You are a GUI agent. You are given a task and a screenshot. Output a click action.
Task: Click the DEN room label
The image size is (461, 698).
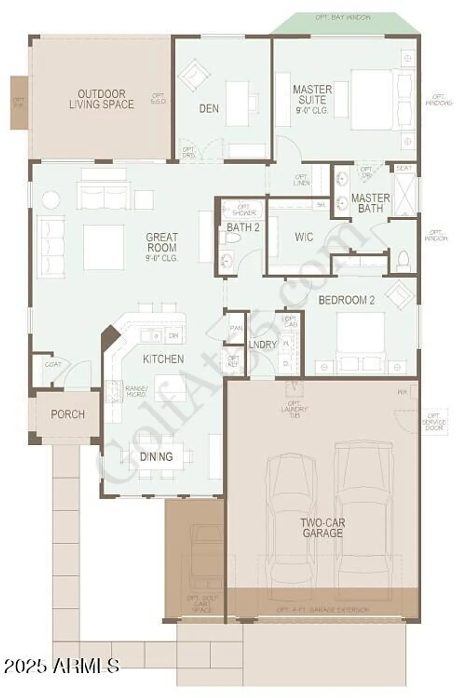tap(209, 108)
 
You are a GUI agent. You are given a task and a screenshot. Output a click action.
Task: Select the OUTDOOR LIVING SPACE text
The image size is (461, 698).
tap(101, 99)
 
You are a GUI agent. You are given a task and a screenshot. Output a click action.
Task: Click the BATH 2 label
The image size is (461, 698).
tap(243, 227)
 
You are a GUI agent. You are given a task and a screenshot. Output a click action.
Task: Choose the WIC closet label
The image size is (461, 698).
tap(304, 237)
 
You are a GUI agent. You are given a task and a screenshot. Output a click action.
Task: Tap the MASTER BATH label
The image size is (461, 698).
tap(370, 203)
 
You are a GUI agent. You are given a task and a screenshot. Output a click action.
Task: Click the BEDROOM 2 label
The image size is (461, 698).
tap(346, 300)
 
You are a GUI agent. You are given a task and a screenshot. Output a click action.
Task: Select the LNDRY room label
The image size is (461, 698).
tap(263, 344)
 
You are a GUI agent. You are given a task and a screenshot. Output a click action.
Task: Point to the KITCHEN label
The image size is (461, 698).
tap(163, 359)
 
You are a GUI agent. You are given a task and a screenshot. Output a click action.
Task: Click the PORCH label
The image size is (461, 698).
tap(68, 414)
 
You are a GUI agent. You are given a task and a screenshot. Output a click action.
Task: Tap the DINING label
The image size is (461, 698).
tap(156, 456)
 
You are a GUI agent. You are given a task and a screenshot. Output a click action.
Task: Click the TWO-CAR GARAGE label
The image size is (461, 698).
tap(322, 528)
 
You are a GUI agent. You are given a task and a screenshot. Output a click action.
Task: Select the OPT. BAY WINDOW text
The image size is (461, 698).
tap(343, 18)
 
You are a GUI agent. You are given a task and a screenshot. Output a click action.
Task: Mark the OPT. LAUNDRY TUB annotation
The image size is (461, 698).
tap(294, 409)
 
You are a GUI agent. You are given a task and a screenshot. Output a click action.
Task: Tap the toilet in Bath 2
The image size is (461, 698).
tap(231, 238)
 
